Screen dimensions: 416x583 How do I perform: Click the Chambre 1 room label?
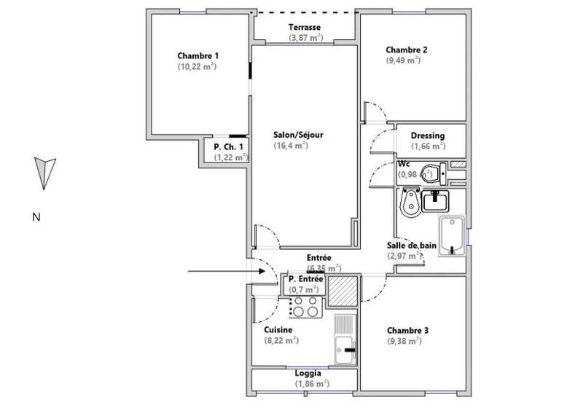click(x=197, y=55)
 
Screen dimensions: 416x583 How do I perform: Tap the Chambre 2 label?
click(x=406, y=50)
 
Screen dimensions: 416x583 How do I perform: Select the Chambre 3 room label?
click(x=407, y=330)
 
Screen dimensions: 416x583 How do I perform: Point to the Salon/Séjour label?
click(x=298, y=135)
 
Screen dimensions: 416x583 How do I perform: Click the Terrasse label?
click(x=305, y=27)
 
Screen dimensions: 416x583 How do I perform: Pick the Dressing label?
click(x=427, y=136)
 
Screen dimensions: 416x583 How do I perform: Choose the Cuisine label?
click(x=278, y=330)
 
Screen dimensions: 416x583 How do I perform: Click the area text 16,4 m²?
click(x=291, y=146)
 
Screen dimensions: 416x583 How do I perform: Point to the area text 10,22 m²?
click(x=197, y=66)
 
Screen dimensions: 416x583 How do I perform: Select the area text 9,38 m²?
click(x=404, y=341)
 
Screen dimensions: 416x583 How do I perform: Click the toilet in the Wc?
click(x=431, y=173)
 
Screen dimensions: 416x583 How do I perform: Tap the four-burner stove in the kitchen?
click(x=305, y=308)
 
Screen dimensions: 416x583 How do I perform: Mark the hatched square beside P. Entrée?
click(x=342, y=290)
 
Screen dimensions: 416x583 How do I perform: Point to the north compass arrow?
click(x=45, y=172)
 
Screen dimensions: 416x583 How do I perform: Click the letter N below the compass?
click(x=36, y=216)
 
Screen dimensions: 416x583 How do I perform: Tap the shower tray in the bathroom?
click(x=453, y=235)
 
